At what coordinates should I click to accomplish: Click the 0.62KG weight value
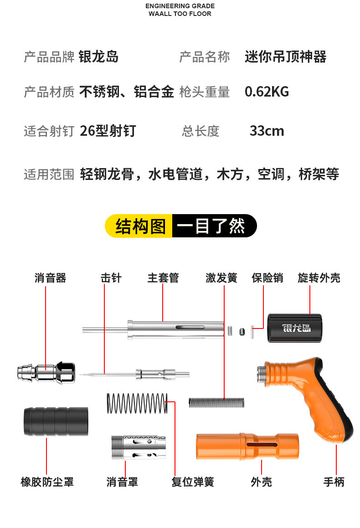click(x=267, y=92)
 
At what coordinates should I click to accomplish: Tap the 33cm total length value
click(x=267, y=131)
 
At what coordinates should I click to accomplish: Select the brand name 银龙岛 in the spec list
click(x=99, y=57)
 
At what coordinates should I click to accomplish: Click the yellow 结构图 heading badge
click(x=140, y=226)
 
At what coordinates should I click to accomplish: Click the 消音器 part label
click(x=50, y=278)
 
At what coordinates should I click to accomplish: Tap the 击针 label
click(x=111, y=278)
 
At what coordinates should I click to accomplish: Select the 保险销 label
click(x=267, y=278)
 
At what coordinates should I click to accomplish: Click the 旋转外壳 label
click(x=319, y=278)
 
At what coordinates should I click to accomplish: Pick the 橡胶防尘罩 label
click(x=47, y=482)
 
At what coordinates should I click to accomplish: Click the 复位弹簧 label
click(x=193, y=482)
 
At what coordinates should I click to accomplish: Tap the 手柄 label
click(x=334, y=482)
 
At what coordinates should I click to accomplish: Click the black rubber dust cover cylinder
click(x=55, y=421)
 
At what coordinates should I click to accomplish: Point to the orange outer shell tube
click(x=247, y=446)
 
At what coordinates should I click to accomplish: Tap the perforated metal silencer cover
click(x=139, y=447)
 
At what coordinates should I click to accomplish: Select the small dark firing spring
click(x=216, y=402)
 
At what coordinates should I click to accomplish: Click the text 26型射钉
click(x=108, y=131)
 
